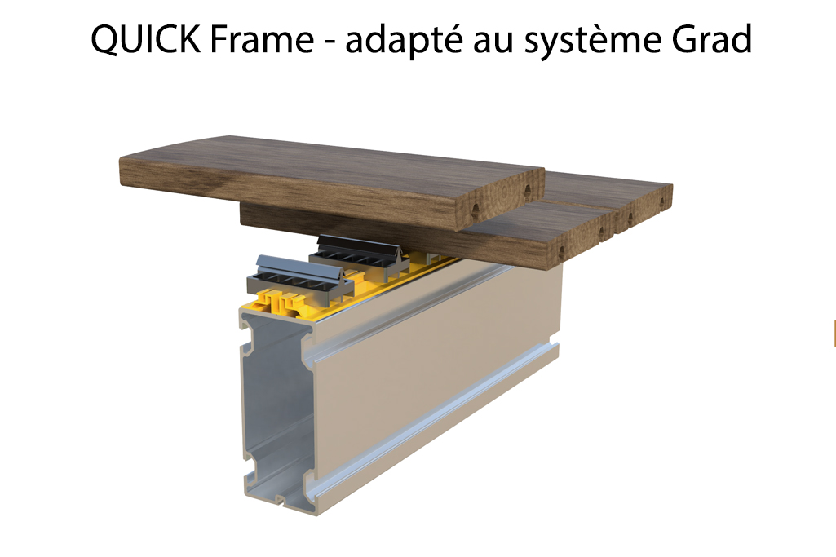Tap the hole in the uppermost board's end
[528, 190]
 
